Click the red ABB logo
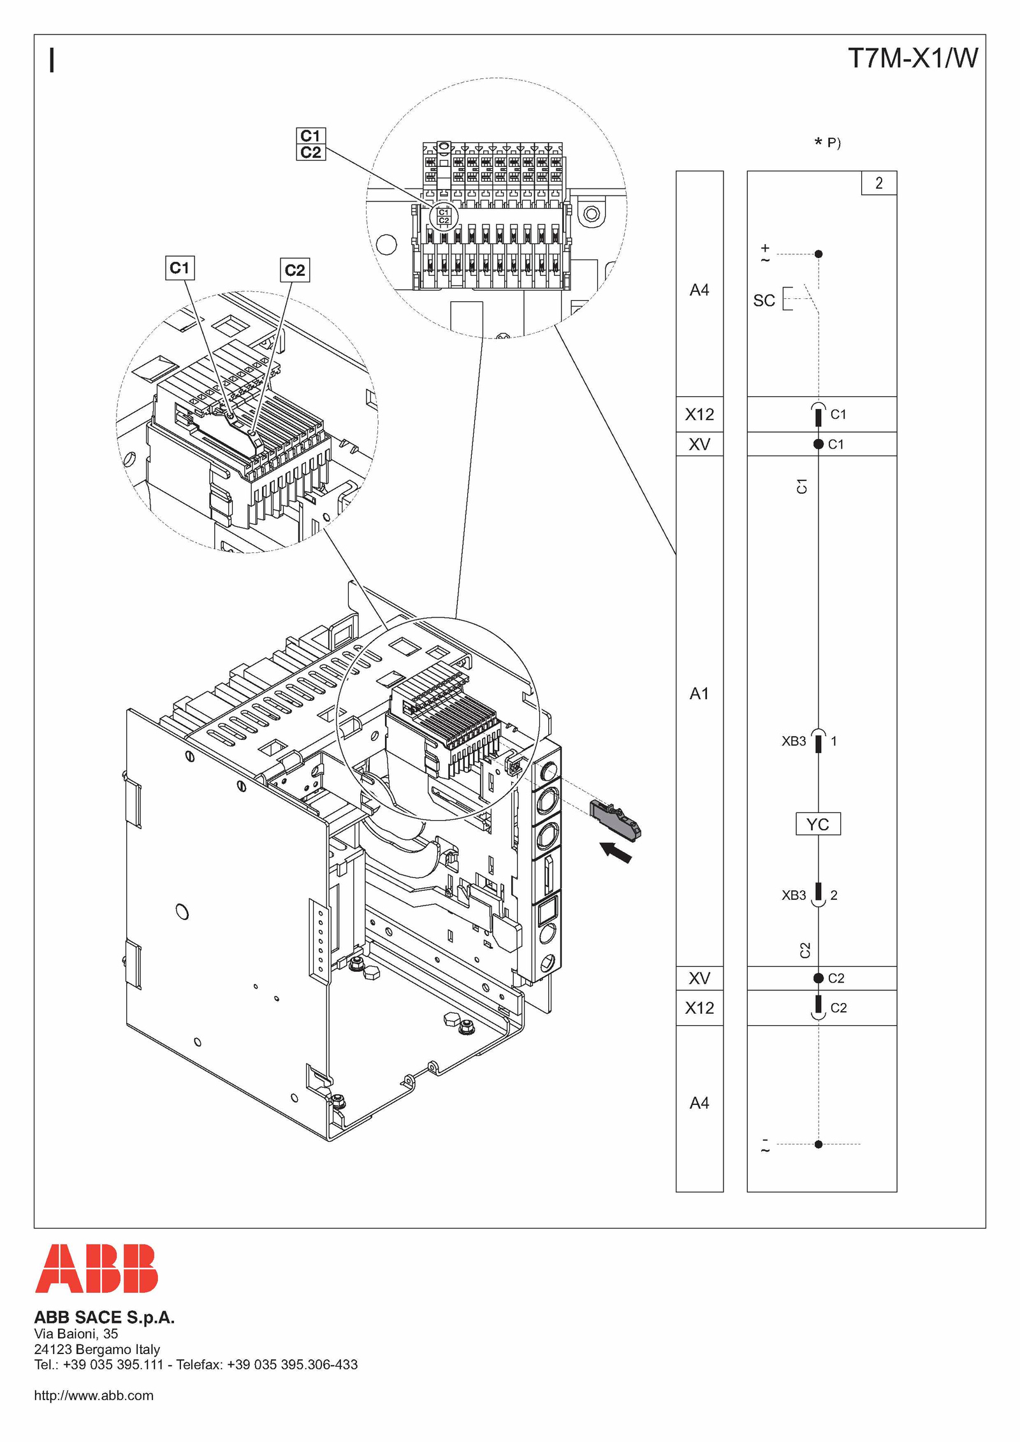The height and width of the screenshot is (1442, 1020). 96,1268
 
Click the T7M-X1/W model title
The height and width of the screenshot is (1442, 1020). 913,58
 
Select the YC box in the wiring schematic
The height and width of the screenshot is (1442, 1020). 818,824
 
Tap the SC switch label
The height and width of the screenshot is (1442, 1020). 764,300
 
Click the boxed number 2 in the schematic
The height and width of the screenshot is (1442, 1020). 879,183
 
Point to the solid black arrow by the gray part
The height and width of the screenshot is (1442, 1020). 616,852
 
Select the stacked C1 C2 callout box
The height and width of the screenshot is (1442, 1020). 311,144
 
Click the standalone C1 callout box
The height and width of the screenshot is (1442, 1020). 180,268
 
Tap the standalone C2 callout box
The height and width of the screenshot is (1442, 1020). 295,270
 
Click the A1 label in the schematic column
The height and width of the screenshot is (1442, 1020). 699,693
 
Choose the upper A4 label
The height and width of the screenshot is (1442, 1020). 699,290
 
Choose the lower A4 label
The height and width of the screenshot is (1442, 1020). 699,1103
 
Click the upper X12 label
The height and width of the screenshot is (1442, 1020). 699,414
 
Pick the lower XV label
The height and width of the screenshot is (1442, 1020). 699,978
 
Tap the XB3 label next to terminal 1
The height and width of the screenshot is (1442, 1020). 794,741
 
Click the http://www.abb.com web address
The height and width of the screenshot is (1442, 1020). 94,1395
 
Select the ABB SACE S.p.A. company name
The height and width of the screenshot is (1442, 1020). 104,1317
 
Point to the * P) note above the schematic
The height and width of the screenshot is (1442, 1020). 827,142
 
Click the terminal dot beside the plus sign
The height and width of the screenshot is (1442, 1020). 819,254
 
